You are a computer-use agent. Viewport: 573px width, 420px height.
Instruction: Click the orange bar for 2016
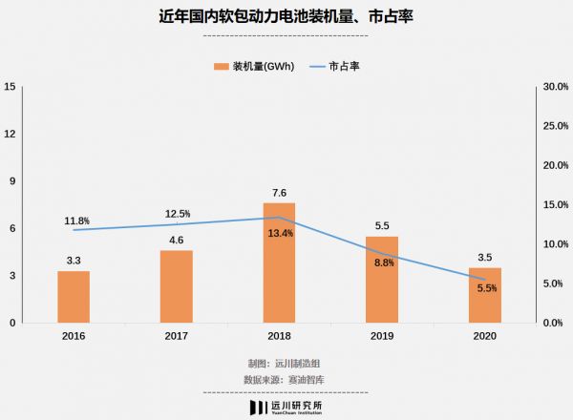pos(74,297)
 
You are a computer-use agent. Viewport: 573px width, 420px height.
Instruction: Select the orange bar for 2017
pos(176,286)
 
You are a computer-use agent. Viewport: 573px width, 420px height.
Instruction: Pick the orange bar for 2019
pos(381,280)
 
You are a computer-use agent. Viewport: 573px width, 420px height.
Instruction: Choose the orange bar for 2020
pos(484,296)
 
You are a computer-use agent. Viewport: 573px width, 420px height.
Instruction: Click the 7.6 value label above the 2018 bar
pos(279,193)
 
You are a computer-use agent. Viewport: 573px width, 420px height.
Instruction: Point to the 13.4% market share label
pos(280,233)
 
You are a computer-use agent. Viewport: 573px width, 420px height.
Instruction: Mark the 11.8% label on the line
pos(77,221)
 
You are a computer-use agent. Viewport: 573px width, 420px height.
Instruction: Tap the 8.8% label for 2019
pos(383,262)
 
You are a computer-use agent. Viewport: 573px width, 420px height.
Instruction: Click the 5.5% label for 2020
pos(486,288)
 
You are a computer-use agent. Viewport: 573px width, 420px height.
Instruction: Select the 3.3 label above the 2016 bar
pos(74,260)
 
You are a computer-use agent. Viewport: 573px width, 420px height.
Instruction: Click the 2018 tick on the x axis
pos(279,336)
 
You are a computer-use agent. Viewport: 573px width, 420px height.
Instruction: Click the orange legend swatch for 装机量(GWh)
pos(221,66)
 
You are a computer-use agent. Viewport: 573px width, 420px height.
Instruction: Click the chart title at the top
pos(286,17)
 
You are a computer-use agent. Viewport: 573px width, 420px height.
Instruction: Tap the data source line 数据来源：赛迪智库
pos(286,379)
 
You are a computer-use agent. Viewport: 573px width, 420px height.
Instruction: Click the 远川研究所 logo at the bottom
pos(286,407)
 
